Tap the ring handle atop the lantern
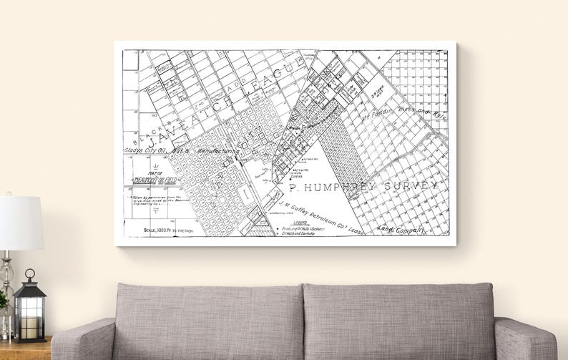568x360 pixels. tap(29, 274)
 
